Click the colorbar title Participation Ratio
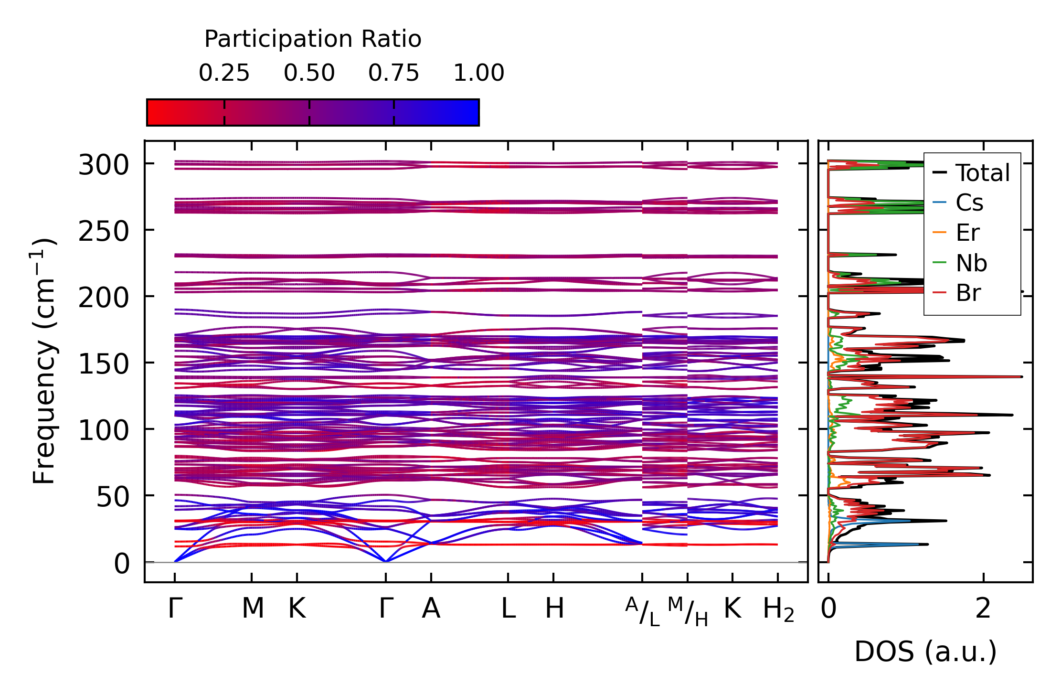click(x=313, y=39)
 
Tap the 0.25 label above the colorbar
click(x=224, y=73)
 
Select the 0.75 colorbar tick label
click(x=393, y=73)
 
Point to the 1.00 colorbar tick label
click(x=478, y=73)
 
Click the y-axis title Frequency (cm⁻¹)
click(x=44, y=361)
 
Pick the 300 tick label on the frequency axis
click(x=104, y=166)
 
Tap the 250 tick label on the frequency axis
click(x=104, y=232)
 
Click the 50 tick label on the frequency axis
click(x=113, y=497)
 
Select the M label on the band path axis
click(x=253, y=609)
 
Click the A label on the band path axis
click(x=431, y=609)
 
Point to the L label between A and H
click(x=508, y=609)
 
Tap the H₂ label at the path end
click(x=778, y=609)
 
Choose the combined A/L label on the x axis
click(x=642, y=611)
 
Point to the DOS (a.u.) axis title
click(x=925, y=652)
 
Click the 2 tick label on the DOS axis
click(x=983, y=609)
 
